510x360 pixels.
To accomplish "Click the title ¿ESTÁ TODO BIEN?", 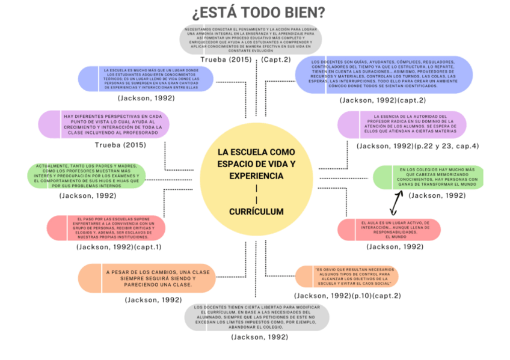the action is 259,13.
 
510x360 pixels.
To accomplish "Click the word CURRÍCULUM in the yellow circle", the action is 256,212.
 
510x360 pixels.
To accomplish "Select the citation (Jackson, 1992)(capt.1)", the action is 119,247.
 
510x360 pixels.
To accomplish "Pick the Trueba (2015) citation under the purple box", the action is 120,146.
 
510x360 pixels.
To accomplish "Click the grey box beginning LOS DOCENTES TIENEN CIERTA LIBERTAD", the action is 257,317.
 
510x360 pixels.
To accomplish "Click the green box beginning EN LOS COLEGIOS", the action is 428,177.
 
